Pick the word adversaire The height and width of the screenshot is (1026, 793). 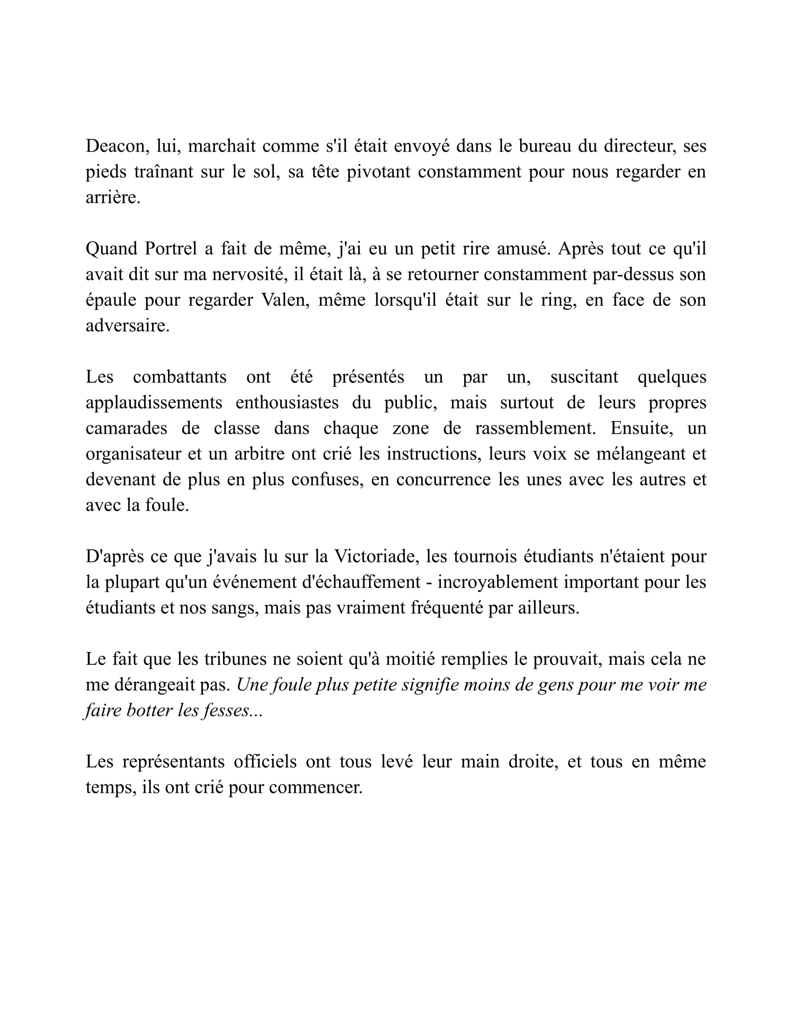coord(127,326)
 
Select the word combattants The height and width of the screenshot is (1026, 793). coord(180,377)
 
